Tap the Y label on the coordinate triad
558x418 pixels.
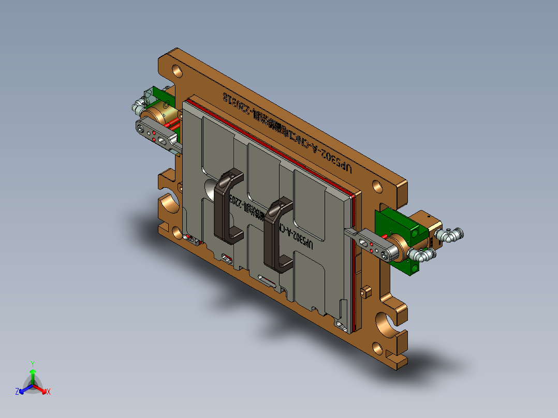tap(32, 364)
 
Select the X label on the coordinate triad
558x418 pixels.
tap(49, 392)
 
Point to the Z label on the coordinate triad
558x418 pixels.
tap(17, 392)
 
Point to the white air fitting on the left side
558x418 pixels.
tap(137, 106)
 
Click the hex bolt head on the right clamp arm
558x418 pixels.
tap(384, 254)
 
